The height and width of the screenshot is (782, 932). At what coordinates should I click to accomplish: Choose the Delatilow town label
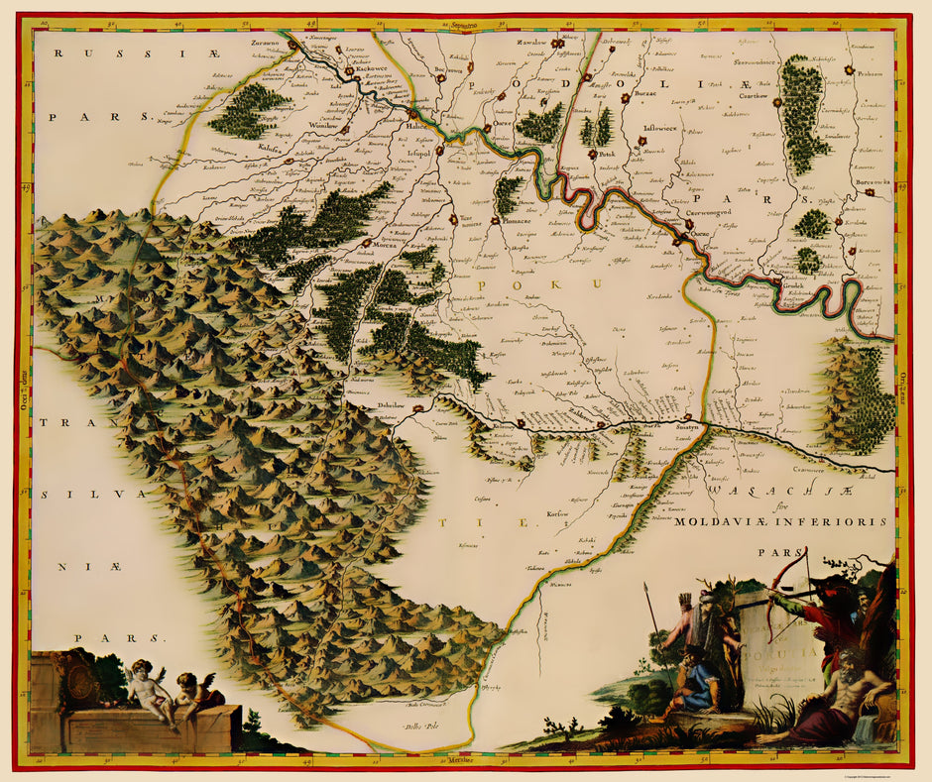tap(397, 403)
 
